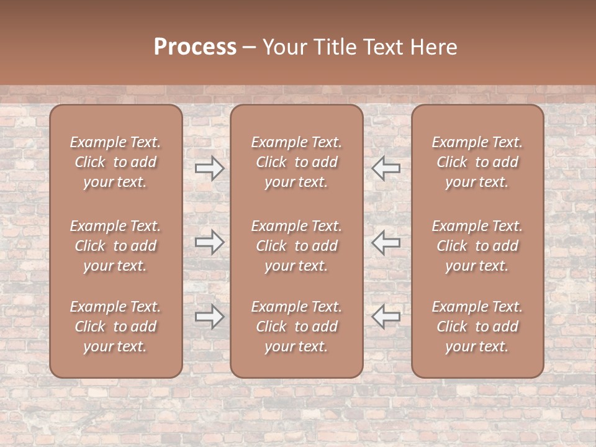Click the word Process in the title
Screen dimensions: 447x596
[x=195, y=47]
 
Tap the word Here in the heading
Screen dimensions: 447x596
[x=433, y=47]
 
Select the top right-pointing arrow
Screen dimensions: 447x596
[x=210, y=168]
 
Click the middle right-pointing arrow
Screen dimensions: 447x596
[x=210, y=242]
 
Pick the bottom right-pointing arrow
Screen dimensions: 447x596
[x=210, y=317]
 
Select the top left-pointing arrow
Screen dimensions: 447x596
[x=386, y=168]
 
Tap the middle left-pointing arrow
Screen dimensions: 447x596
[x=386, y=242]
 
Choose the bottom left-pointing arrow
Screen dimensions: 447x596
[x=386, y=317]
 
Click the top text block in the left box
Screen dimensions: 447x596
[x=115, y=162]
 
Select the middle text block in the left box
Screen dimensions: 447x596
[x=115, y=246]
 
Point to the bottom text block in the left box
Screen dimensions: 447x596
[x=115, y=327]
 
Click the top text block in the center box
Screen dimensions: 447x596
[x=296, y=162]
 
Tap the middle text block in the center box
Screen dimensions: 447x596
[x=296, y=246]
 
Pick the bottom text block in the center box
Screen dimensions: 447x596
[x=296, y=327]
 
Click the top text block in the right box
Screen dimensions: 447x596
[x=477, y=162]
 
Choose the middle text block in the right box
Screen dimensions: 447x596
[x=477, y=246]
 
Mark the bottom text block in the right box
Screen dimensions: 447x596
[x=477, y=327]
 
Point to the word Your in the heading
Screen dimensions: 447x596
[x=284, y=47]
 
